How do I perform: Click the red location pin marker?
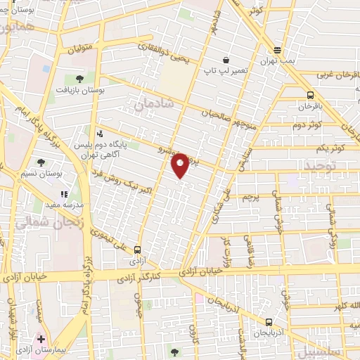[181, 165]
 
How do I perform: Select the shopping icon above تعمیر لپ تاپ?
[225, 60]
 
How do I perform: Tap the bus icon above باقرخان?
[310, 96]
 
